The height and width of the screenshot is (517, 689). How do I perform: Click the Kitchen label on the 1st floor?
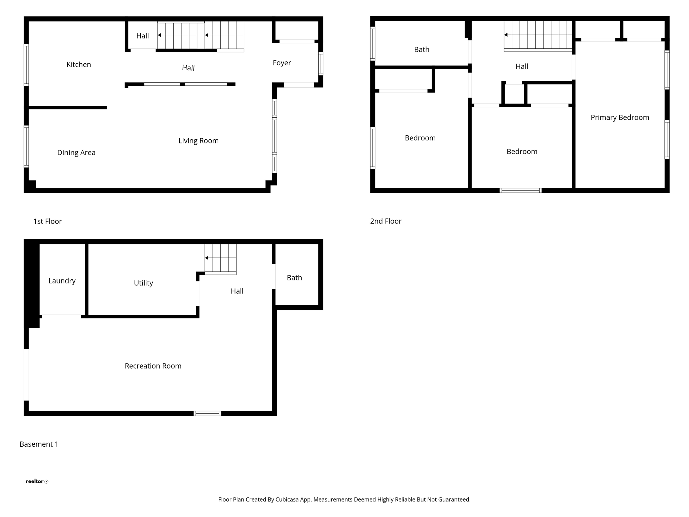79,65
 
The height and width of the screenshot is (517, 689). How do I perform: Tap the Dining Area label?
76,153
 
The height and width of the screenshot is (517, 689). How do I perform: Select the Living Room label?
198,141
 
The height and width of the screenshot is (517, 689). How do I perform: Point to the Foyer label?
282,63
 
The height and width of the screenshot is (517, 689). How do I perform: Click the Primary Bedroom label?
620,117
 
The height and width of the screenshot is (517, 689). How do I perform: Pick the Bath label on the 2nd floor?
422,50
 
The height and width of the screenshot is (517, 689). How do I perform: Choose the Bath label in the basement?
294,278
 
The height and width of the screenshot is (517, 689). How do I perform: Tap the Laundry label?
62,281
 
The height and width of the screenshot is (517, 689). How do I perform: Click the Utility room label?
143,283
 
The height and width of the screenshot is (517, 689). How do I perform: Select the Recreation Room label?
153,366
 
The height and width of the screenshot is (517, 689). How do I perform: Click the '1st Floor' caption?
47,221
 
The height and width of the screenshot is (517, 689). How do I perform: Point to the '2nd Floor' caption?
386,221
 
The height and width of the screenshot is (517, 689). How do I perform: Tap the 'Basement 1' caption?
39,444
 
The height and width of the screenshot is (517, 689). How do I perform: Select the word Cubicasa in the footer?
287,500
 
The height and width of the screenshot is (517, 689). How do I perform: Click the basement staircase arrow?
207,258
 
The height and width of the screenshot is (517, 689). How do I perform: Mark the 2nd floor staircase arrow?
506,35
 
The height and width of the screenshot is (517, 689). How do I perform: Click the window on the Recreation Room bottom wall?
207,414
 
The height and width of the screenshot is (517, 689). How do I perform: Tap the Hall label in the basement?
237,291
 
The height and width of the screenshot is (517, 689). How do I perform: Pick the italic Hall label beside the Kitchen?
188,68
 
